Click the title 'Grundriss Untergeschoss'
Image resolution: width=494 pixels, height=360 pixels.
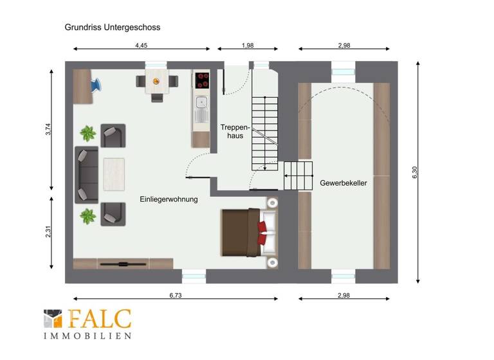113,28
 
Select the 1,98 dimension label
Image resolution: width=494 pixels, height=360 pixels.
248,45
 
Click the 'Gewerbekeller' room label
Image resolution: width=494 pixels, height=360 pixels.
343,183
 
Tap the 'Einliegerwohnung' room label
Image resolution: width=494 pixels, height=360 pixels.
169,199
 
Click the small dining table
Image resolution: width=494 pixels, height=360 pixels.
156,82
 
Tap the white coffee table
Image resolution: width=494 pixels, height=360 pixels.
113,174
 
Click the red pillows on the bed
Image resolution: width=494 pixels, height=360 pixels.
263,233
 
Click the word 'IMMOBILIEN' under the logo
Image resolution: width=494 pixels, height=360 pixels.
87,336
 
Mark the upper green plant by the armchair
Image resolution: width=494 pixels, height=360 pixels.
87,134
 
